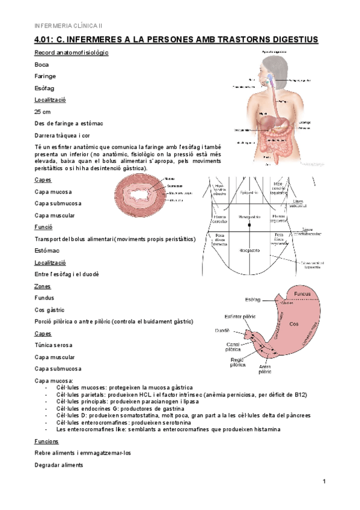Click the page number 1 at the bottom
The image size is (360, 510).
[324, 481]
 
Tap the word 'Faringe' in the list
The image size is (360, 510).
[45, 76]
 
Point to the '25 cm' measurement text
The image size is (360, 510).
[43, 112]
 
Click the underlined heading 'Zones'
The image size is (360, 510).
[43, 286]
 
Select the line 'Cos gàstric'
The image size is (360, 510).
[50, 310]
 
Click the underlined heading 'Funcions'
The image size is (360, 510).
[46, 441]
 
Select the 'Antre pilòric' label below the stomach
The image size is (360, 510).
[264, 369]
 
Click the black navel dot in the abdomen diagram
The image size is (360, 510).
[249, 227]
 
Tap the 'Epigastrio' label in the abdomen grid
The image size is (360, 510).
[249, 193]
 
